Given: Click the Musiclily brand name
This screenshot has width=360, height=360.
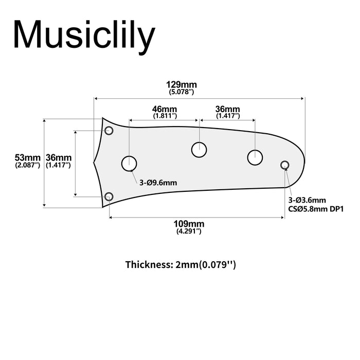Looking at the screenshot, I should point(84,35).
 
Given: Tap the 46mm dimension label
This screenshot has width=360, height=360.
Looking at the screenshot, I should point(165,110).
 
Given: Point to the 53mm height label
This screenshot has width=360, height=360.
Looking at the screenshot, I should point(27,157).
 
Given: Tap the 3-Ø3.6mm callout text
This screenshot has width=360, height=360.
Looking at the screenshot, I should point(307,200).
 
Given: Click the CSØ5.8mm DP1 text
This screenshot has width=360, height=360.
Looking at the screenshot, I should point(315,209).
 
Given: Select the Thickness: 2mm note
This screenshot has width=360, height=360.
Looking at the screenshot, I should point(181,265).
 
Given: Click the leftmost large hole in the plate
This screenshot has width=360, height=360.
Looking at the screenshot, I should point(129,164).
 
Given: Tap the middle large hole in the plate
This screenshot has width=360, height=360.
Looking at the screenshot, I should point(199,150).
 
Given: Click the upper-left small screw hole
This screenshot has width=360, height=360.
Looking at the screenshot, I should point(109,130).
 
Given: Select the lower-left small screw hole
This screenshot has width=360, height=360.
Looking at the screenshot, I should point(109,196).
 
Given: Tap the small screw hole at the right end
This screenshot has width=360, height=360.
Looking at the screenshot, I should point(284,165).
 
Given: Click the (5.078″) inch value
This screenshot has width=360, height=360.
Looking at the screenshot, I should point(181,92).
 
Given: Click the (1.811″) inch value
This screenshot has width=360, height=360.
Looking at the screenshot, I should point(165,116).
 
